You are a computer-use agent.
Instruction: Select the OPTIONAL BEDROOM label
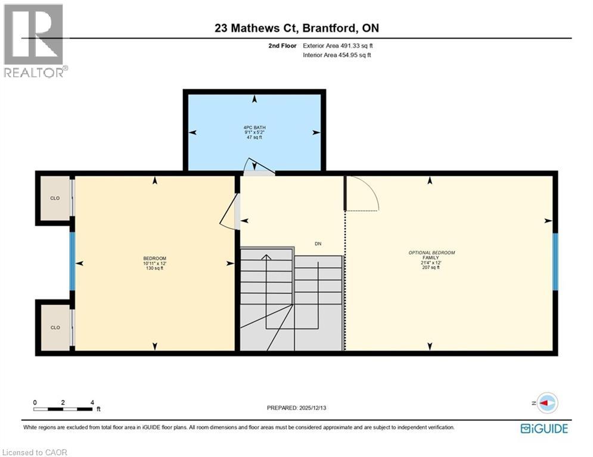coord(431,253)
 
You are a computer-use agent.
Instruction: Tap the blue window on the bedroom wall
coord(73,261)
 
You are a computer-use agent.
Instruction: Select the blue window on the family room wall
coord(555,261)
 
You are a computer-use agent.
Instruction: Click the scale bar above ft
coord(63,409)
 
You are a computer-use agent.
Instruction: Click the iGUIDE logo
coord(544,428)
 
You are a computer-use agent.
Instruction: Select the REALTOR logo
coord(35,40)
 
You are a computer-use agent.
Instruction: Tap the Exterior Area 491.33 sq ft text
coord(338,46)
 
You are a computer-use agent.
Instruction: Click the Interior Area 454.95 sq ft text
coord(337,55)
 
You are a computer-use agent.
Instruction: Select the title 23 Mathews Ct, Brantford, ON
coord(296,27)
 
